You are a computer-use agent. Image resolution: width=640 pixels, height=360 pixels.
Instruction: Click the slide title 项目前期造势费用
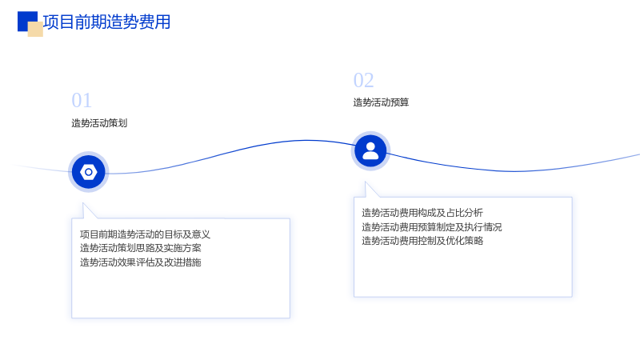coord(106,22)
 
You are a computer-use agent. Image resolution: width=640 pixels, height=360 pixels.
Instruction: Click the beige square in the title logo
coord(35,30)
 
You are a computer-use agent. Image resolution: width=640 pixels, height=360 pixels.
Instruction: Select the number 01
coord(82,101)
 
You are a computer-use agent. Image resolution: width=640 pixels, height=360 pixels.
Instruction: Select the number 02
coord(363,81)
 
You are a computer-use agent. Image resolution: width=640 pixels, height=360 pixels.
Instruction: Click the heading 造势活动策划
coord(99,123)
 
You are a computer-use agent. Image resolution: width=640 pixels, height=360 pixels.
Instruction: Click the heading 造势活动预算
coord(381,102)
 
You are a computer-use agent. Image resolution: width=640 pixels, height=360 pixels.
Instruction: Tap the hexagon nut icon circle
coord(89,172)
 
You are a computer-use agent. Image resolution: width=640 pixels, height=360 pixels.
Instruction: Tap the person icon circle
coord(370,151)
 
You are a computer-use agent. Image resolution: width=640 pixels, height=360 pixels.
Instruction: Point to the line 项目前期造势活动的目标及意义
coord(145,234)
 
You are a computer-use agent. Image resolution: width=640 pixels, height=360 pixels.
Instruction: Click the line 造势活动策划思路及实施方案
coord(141,248)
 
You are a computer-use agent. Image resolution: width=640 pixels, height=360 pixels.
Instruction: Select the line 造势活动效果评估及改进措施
coord(141,262)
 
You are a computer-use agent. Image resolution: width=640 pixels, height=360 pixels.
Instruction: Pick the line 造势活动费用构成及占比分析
coord(422,213)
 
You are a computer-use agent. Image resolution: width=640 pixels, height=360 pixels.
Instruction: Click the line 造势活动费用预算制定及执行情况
coord(431,227)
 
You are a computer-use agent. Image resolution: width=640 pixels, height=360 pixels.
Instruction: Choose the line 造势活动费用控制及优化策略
coord(422,241)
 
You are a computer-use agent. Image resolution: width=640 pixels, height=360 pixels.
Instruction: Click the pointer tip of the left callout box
coord(83,203)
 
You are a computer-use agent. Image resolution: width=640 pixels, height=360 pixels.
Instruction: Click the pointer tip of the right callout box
coord(366,182)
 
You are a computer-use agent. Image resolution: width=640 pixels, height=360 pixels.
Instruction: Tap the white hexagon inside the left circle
coord(89,172)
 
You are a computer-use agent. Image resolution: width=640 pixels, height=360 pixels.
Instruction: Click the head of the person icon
coord(370,147)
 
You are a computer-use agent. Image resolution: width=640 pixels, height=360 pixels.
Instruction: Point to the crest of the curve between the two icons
coord(306,141)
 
